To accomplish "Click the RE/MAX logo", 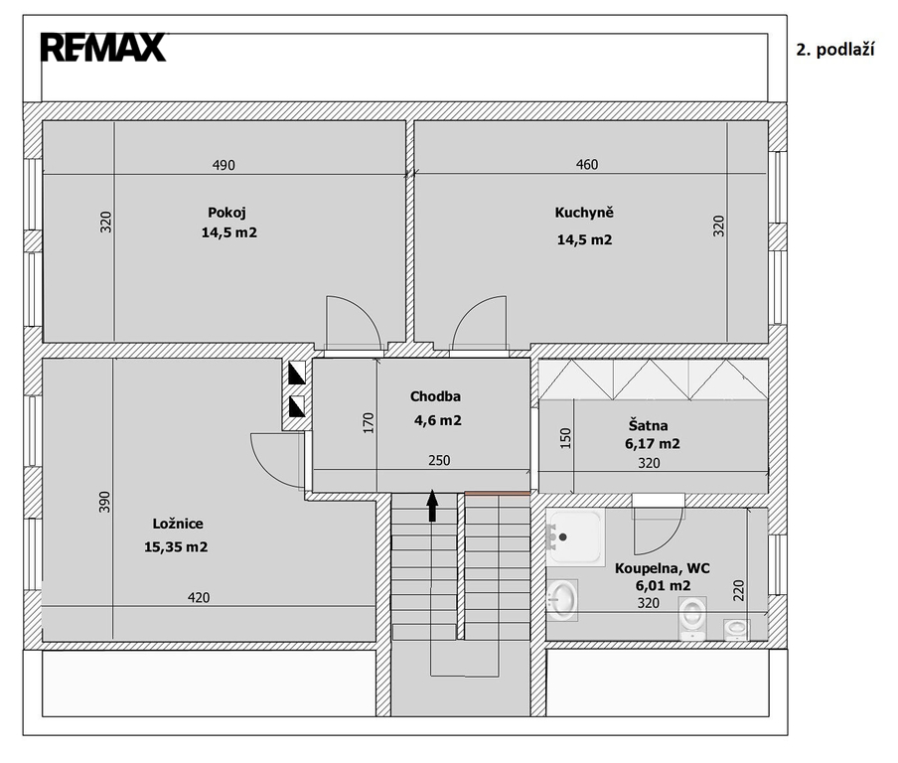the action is (x=103, y=47).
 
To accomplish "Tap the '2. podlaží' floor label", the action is (x=835, y=50).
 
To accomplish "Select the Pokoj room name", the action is (x=226, y=213).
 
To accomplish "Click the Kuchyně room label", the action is (x=584, y=213).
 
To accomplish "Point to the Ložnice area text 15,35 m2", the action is (x=176, y=547).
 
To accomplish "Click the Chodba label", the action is (x=435, y=396).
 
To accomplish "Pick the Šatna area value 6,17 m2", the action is (x=653, y=444).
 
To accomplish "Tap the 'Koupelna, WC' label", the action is (x=662, y=568).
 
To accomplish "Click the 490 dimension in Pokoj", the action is (x=224, y=165).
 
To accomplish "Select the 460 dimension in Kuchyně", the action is (x=586, y=164).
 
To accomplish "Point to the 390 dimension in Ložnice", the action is (x=104, y=502).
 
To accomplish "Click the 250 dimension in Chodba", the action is (x=439, y=461).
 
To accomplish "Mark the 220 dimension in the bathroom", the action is (x=739, y=590).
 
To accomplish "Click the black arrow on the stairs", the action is (x=432, y=506).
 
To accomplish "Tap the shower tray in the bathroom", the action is (x=575, y=537).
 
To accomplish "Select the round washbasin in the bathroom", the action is (x=562, y=600).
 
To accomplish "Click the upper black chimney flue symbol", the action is (x=297, y=373).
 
